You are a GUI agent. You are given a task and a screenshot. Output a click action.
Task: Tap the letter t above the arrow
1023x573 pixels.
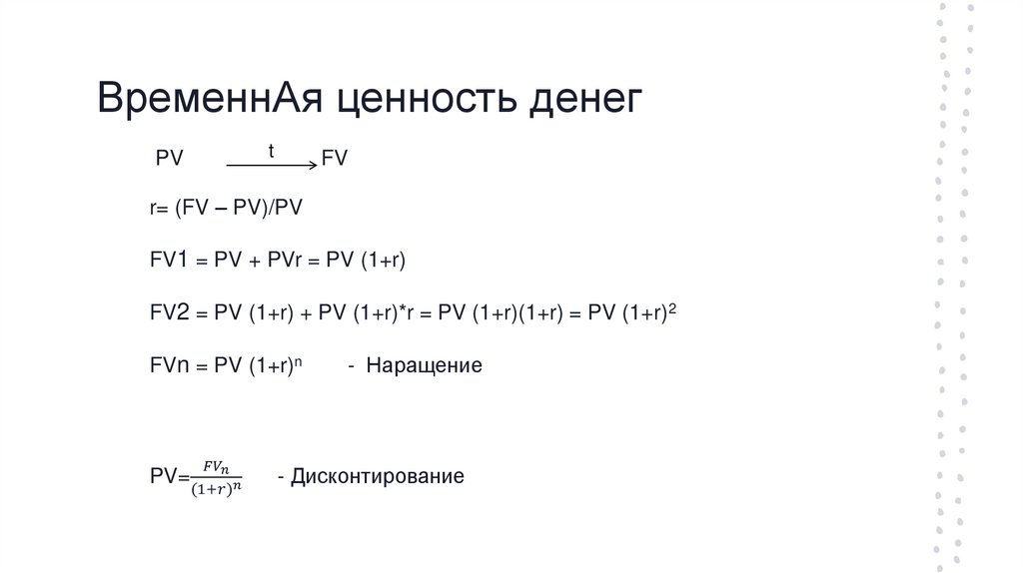pyautogui.click(x=271, y=150)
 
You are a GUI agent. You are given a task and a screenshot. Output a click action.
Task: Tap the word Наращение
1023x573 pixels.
pyautogui.click(x=424, y=365)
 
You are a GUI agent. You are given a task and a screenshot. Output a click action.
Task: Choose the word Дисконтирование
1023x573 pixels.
pyautogui.click(x=378, y=476)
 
